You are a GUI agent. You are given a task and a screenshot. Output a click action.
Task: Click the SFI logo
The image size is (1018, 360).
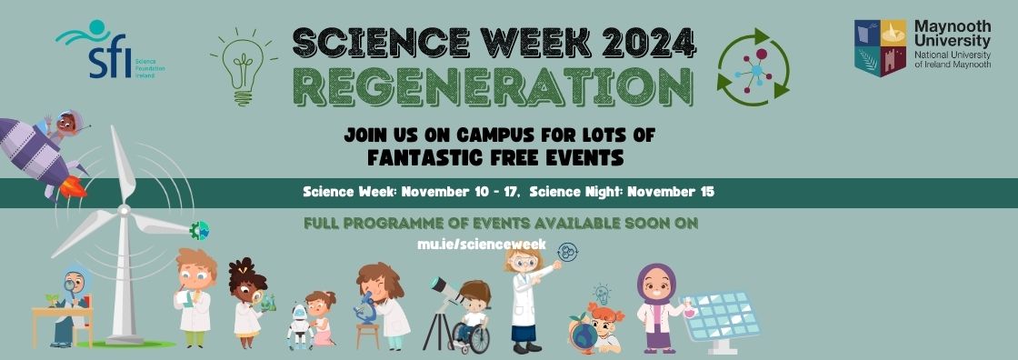[x=95, y=50]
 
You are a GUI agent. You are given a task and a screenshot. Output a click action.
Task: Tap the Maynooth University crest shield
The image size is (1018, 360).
[x=880, y=48]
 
